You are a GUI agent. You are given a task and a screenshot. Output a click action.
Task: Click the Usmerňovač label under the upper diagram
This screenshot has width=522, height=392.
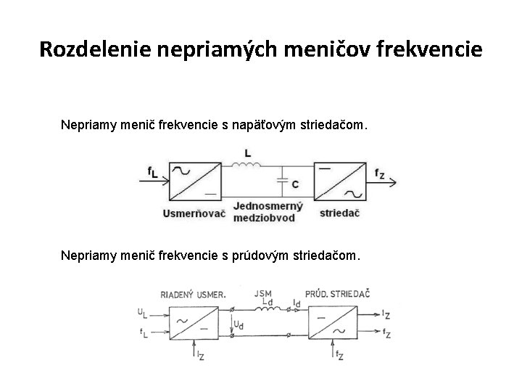pos(195,214)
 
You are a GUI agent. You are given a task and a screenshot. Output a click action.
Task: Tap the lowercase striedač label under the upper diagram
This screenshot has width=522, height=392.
pos(339,214)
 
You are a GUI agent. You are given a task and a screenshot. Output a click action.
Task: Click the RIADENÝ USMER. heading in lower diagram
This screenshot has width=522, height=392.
pos(193,294)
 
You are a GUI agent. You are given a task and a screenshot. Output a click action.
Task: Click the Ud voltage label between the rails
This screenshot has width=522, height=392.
pos(237,324)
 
